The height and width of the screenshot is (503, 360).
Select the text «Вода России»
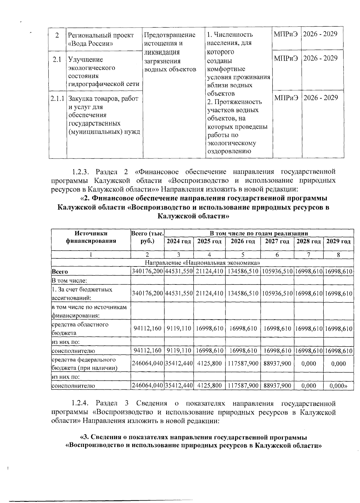coord(91,43)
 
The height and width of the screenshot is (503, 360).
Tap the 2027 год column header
coord(277,241)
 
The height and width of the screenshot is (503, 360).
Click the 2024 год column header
coord(179,241)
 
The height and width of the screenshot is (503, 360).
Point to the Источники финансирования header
coord(91,237)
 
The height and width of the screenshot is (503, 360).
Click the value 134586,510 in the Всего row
coord(243,271)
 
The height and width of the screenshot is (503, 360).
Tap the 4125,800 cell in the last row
coord(209,385)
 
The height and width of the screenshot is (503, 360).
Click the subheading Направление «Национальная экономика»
coord(202,263)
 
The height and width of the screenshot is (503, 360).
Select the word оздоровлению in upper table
coord(229,151)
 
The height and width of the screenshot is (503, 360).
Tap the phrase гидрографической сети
coord(104,84)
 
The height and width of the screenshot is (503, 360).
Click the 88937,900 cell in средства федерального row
coord(277,364)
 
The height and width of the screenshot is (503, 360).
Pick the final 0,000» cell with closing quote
coord(338,385)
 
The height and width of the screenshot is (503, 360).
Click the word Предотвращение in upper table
coord(169,35)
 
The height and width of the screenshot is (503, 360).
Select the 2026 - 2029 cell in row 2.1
coord(320,58)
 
